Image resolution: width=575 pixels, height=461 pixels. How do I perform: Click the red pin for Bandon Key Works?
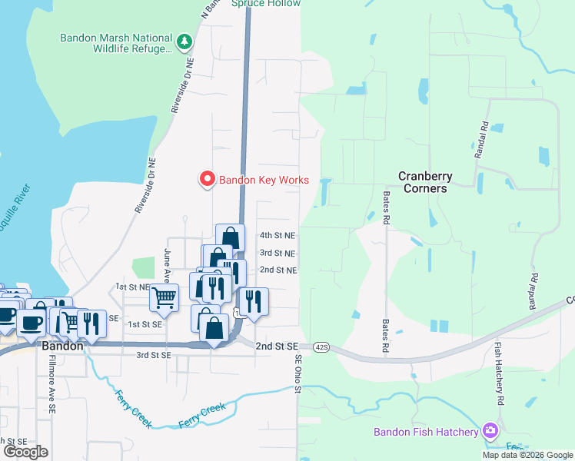click(207, 179)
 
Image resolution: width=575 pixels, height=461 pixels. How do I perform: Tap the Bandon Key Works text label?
click(264, 181)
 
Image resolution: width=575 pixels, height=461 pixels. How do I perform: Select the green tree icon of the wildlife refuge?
click(184, 43)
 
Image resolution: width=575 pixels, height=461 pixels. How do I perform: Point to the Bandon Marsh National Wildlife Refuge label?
click(115, 43)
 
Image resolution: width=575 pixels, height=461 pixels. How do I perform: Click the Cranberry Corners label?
click(425, 182)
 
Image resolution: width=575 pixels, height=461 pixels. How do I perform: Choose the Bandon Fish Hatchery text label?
click(426, 432)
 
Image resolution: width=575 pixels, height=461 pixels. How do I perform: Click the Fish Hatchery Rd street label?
click(499, 373)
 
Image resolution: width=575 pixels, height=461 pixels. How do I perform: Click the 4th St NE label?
click(278, 236)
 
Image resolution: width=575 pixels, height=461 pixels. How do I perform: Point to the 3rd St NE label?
click(278, 253)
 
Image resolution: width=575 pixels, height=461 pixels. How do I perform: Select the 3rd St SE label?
click(153, 355)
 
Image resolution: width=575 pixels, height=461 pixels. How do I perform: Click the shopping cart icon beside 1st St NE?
click(164, 297)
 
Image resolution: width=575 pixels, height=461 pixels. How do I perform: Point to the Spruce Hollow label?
click(266, 4)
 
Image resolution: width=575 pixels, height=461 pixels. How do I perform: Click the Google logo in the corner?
click(25, 452)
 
